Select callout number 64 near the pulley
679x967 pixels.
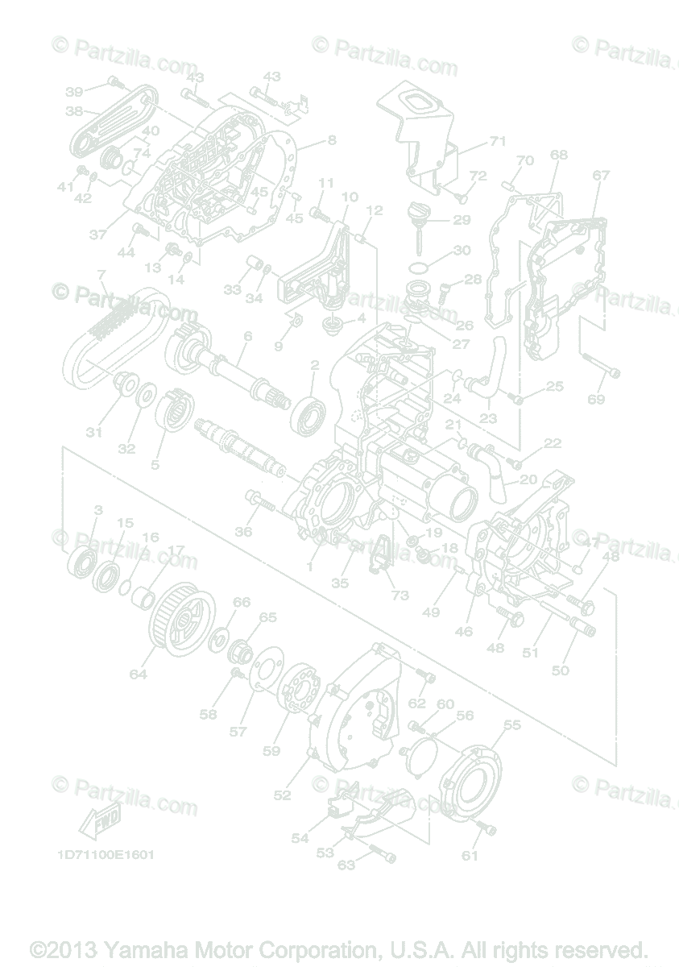(x=139, y=674)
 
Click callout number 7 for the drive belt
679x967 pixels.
(x=101, y=275)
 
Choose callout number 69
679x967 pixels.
(x=596, y=399)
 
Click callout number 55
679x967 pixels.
(x=512, y=724)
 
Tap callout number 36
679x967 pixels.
(x=243, y=531)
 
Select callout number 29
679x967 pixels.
(x=462, y=219)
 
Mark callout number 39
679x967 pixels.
(x=74, y=90)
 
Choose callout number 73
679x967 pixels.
(x=400, y=596)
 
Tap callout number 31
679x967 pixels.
(x=95, y=433)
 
